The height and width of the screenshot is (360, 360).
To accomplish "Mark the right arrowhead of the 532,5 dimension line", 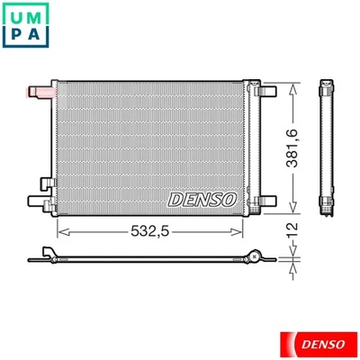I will pos(241,230).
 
